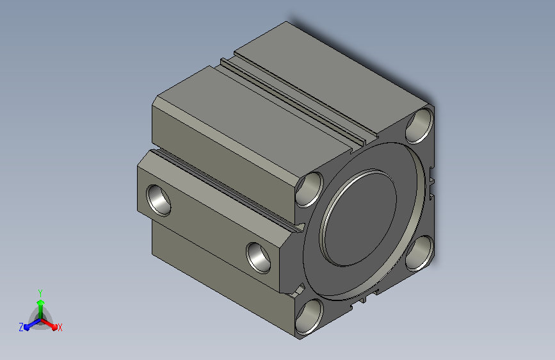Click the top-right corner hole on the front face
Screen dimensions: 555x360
tap(419, 126)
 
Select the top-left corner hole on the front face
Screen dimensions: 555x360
tap(310, 189)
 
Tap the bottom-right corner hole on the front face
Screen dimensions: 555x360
tap(420, 253)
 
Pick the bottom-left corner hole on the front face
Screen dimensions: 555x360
tap(309, 317)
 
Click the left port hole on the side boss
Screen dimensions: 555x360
tap(159, 200)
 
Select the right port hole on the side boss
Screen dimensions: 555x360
tap(259, 258)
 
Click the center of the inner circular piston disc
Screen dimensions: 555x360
tap(358, 218)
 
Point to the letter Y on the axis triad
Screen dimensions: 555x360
tap(40, 293)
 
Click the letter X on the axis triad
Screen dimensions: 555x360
tap(60, 328)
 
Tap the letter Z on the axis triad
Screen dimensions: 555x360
tap(21, 327)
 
